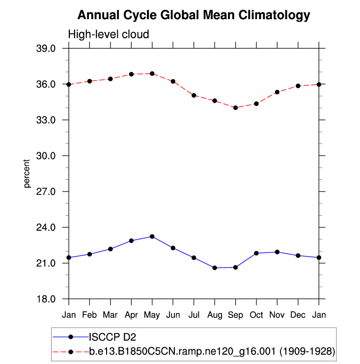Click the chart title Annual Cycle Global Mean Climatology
(x=194, y=15)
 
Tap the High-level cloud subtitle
(x=108, y=34)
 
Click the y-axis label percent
(x=27, y=173)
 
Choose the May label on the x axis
(x=152, y=314)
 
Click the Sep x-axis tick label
(x=236, y=314)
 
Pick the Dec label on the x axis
(x=298, y=314)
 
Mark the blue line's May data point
(x=152, y=236)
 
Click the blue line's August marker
(x=215, y=268)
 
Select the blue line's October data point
(x=256, y=253)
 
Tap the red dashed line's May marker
(x=152, y=74)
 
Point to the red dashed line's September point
(x=236, y=108)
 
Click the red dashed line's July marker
(x=194, y=95)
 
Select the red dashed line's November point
(x=277, y=92)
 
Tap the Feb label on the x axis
(x=89, y=314)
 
